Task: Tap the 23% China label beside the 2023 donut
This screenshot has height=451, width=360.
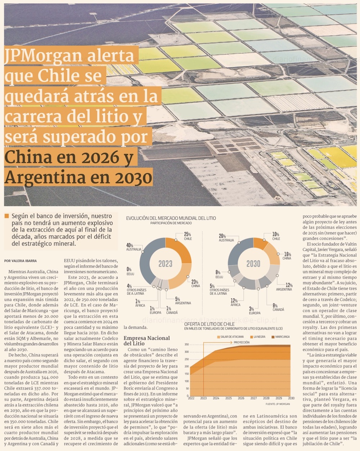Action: [x=195, y=284]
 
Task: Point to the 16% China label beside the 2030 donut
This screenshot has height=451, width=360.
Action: [x=287, y=256]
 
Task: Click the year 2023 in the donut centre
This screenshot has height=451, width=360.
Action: [x=165, y=264]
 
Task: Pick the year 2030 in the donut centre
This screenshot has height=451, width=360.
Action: [x=253, y=264]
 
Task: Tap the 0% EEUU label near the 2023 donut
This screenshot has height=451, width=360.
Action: [x=129, y=271]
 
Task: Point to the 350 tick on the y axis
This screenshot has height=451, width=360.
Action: [x=186, y=344]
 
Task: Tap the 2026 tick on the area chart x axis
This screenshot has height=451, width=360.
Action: [x=241, y=398]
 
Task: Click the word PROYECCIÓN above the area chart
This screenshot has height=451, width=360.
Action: [x=241, y=342]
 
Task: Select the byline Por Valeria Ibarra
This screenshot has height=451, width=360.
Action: [x=21, y=261]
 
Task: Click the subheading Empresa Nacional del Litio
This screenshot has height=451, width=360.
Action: [x=146, y=340]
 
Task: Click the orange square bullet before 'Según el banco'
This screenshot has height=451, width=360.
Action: [x=6, y=216]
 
